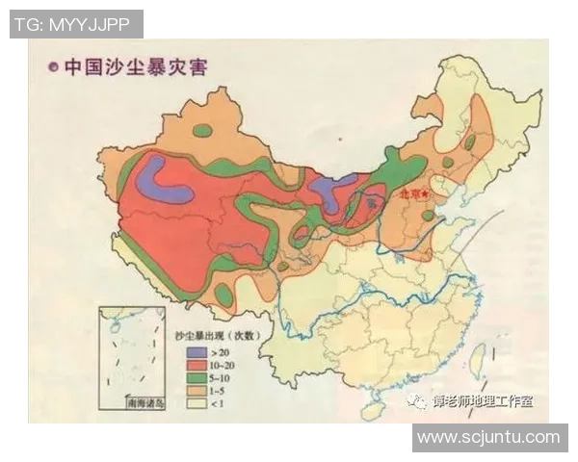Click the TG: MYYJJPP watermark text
[x=76, y=24]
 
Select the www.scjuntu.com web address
[x=488, y=437]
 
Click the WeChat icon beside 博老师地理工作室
[x=417, y=401]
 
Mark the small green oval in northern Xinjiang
[x=202, y=131]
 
